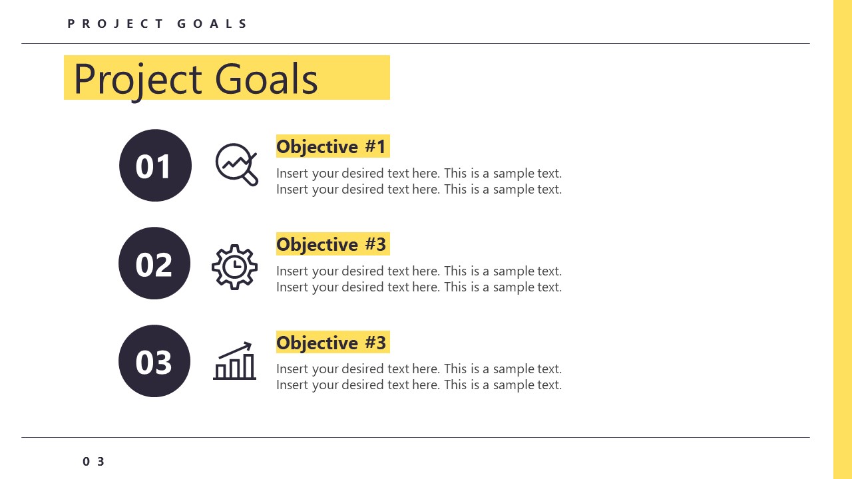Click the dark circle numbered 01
155,166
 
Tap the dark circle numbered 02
154,263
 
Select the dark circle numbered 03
154,361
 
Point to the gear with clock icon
234,267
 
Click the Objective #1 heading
331,146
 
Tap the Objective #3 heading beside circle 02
331,244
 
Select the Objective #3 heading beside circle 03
331,343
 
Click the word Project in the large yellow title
137,79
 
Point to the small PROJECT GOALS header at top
157,24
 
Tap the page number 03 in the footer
94,462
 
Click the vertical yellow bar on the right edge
842,239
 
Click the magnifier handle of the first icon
251,178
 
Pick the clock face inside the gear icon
234,267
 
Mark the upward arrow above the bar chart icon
237,349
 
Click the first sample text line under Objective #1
419,174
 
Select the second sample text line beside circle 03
419,385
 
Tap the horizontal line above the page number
415,437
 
